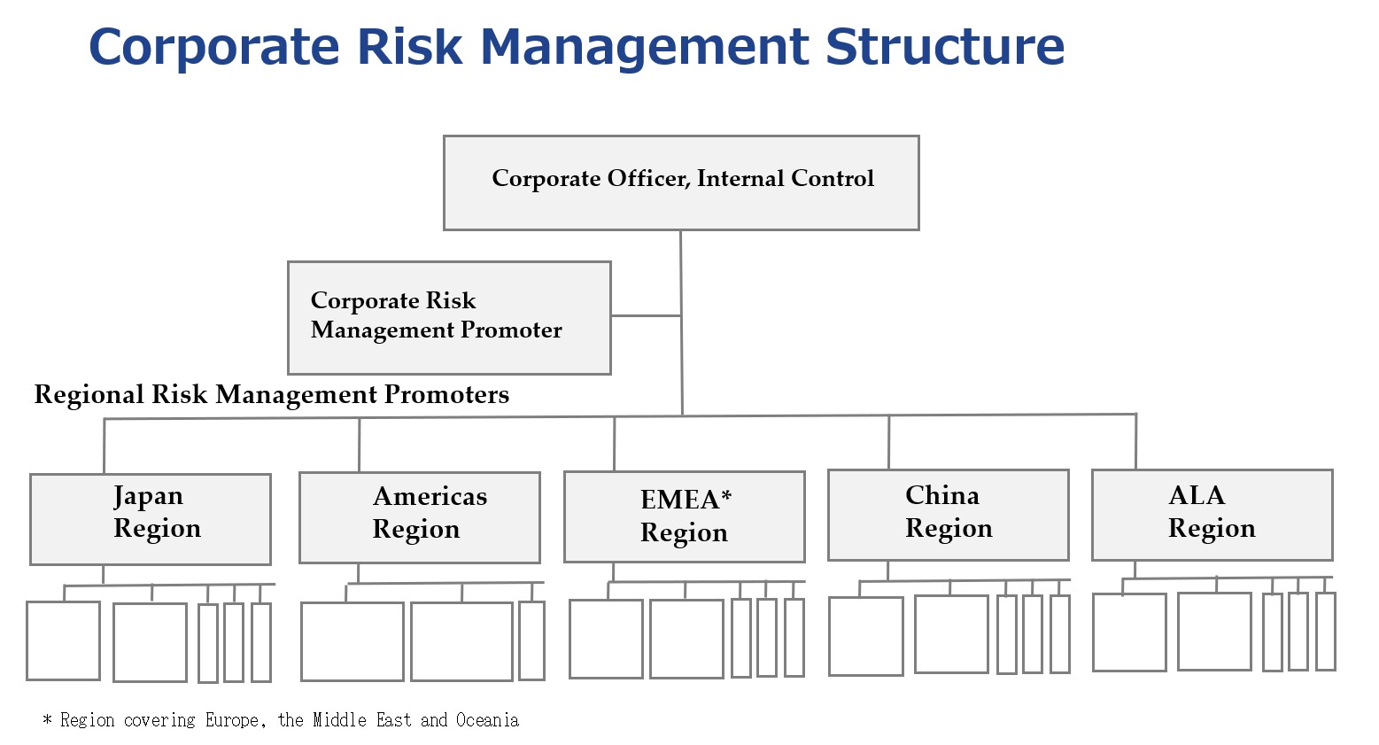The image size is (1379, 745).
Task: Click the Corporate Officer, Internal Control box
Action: click(x=681, y=182)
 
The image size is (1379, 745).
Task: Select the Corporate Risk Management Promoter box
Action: click(x=449, y=318)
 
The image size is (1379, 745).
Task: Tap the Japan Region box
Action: click(x=151, y=519)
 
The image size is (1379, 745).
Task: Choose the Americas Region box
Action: click(x=419, y=518)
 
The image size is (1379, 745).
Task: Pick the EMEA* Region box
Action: click(x=684, y=517)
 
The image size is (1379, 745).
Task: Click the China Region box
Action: click(x=948, y=516)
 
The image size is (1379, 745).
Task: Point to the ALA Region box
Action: click(x=1212, y=516)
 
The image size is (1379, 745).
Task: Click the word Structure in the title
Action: click(x=944, y=47)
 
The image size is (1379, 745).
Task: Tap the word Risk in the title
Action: click(x=409, y=47)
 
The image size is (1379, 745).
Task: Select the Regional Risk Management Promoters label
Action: click(x=272, y=395)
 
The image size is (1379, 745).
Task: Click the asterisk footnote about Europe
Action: click(x=281, y=720)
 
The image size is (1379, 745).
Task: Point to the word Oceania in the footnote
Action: click(x=488, y=720)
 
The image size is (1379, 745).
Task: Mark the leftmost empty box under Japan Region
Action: click(x=63, y=641)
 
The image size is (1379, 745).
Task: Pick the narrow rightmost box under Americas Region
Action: click(x=532, y=641)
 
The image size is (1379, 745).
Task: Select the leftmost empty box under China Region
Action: click(x=865, y=637)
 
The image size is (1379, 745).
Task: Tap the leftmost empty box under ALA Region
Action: click(x=1129, y=632)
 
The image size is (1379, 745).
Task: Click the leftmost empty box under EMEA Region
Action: click(x=606, y=639)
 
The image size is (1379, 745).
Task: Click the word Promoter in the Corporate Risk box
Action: click(x=511, y=330)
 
